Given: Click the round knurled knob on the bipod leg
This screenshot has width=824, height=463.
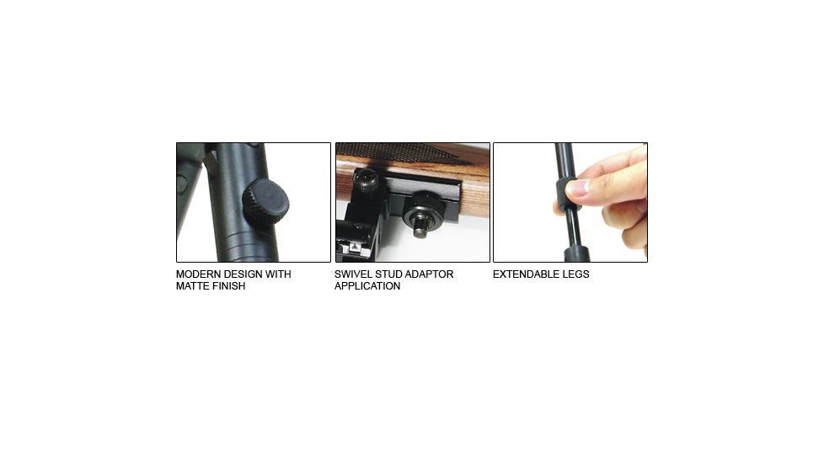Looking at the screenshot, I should point(265,202).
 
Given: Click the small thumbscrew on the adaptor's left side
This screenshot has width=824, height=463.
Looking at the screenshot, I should point(364,181).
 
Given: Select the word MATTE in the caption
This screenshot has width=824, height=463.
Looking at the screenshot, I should point(192,286).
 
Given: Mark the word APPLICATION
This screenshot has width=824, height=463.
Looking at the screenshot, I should point(367,286).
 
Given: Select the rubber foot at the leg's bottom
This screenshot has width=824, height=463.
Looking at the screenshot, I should point(576,253).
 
